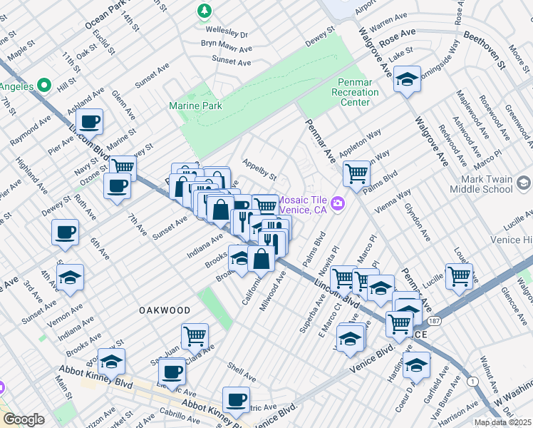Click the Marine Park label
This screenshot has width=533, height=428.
195,106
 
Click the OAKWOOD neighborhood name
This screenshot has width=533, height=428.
165,311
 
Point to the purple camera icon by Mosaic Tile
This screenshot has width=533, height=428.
338,204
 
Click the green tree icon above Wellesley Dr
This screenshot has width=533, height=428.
205,11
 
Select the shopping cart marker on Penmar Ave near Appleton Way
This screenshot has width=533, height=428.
356,172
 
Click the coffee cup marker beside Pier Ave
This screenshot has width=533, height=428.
91,121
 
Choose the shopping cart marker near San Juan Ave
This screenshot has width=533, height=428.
195,335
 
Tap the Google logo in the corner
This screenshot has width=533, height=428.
24,419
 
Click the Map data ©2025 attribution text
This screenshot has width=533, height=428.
502,422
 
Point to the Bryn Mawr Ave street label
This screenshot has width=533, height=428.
227,48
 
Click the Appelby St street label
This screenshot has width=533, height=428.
259,169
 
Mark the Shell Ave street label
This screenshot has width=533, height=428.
242,373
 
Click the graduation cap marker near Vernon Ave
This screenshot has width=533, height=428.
70,277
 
